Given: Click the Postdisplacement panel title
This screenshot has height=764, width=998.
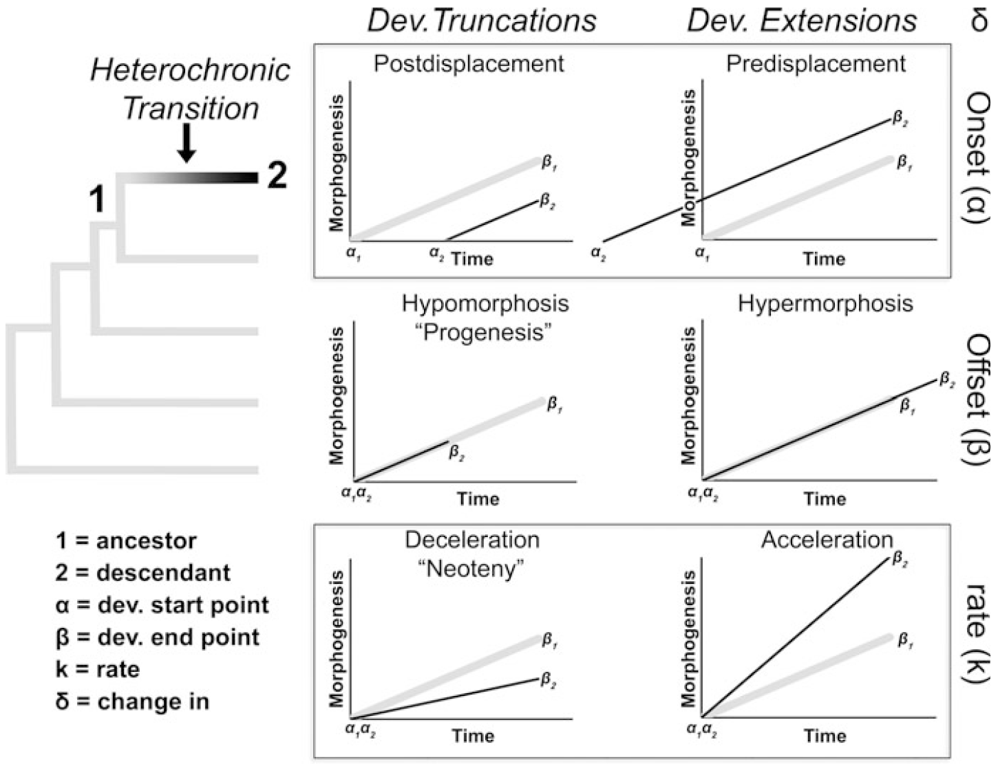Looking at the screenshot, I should (469, 64).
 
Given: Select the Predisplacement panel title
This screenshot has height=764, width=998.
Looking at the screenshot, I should (816, 64).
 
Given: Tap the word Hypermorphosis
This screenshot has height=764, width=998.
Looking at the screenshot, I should (825, 303).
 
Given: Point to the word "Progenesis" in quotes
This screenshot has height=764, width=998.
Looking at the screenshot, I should (485, 333).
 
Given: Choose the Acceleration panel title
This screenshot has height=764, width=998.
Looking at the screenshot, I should (827, 540).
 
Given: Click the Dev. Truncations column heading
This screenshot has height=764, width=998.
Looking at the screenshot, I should (482, 21).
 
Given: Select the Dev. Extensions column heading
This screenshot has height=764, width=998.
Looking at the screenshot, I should (802, 21).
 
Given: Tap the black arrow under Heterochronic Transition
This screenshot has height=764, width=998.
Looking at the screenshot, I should (186, 145).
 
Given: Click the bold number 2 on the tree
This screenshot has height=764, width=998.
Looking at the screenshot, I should (276, 176).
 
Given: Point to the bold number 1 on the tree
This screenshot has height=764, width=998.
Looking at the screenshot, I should (97, 200).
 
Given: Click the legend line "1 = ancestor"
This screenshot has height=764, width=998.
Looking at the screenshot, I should (126, 541).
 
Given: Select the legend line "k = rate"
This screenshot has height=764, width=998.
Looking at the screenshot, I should (98, 669).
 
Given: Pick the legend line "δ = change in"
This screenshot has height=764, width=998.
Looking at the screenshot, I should (132, 701).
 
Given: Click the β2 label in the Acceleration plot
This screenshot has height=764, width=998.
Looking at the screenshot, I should (900, 559).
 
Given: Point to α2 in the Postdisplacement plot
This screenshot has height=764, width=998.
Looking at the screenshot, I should (436, 253).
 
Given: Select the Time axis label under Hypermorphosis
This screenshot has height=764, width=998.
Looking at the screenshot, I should (824, 499).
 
